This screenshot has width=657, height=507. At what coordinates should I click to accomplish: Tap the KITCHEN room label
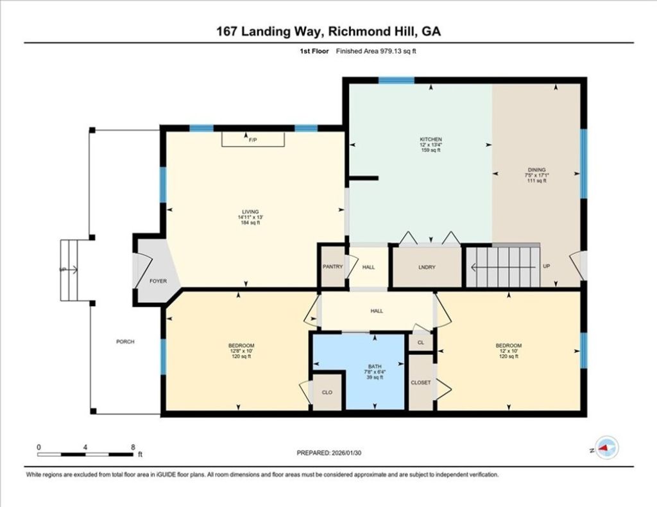[x=431, y=139]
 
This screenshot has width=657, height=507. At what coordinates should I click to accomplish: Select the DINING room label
[x=537, y=169]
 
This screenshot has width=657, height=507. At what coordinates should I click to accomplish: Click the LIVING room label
[x=250, y=212]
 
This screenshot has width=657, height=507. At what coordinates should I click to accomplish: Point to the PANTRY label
[x=332, y=267]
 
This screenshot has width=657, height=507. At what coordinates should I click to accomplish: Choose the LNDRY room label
[x=427, y=268]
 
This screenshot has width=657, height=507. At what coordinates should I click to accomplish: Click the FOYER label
[x=158, y=281]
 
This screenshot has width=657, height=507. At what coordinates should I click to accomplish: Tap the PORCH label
[x=125, y=342]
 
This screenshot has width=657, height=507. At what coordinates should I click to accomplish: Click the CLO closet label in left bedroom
[x=327, y=392]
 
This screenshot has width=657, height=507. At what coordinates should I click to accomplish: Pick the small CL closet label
[x=420, y=343]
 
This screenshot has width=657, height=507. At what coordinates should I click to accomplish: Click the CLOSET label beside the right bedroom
[x=421, y=382]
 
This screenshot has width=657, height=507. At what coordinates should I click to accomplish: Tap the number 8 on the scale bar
[x=133, y=447]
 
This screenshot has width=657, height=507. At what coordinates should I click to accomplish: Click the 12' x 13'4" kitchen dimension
[x=431, y=145]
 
